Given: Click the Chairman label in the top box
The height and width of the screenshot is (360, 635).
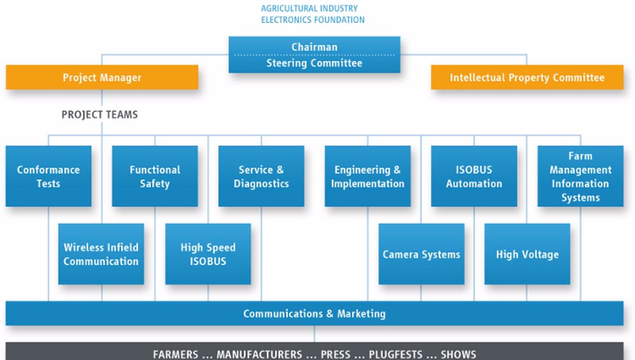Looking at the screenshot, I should pyautogui.click(x=314, y=47).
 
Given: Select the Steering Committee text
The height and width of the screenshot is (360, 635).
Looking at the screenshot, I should pyautogui.click(x=314, y=63).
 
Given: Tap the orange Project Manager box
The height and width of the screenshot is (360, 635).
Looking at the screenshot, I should pyautogui.click(x=102, y=78).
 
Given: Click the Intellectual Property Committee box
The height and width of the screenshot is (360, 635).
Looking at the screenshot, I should pyautogui.click(x=527, y=78).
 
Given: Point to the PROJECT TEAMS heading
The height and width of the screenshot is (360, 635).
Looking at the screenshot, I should pyautogui.click(x=99, y=115).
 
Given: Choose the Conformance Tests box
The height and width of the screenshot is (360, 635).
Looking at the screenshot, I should pyautogui.click(x=48, y=176).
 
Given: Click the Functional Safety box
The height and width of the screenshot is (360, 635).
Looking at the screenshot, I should pyautogui.click(x=155, y=176).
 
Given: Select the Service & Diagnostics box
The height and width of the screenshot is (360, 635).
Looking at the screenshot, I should pyautogui.click(x=261, y=176).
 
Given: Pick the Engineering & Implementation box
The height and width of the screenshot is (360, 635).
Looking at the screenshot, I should pyautogui.click(x=367, y=176).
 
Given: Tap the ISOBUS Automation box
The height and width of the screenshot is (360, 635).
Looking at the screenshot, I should pyautogui.click(x=474, y=176).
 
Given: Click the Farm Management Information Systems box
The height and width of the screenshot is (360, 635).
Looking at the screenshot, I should pyautogui.click(x=580, y=176).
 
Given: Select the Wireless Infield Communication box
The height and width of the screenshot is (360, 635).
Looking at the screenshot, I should pyautogui.click(x=100, y=254).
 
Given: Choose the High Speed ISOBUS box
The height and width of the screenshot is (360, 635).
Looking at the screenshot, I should pyautogui.click(x=208, y=254).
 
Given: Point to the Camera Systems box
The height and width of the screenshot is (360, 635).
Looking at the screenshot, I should pyautogui.click(x=421, y=254).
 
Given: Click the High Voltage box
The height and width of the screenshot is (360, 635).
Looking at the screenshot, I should pyautogui.click(x=527, y=254).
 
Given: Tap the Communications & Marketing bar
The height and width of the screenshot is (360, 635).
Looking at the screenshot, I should pyautogui.click(x=314, y=314).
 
